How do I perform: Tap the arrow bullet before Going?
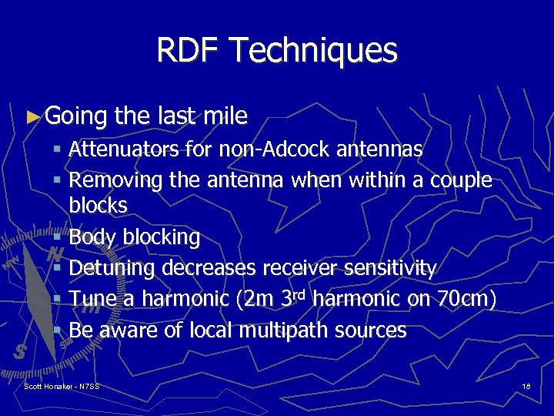32,117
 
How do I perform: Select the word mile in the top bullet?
226,116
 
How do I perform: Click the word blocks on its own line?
98,206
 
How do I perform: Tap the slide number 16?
526,385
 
